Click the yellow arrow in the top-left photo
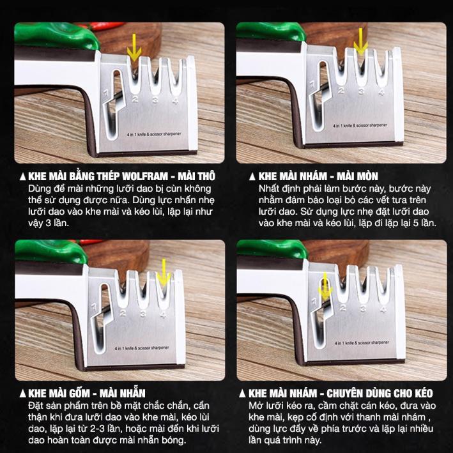134,48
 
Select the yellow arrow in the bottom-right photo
325,286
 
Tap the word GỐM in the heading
79,393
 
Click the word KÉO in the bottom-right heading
424,393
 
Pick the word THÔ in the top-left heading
204,176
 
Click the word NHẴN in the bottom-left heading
132,393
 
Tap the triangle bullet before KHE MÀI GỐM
23,394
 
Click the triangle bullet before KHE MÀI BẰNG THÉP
23,176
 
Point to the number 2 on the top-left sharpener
135,100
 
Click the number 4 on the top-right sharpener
381,93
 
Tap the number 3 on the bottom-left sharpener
143,314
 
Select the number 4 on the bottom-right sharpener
383,309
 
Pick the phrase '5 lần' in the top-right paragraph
424,223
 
